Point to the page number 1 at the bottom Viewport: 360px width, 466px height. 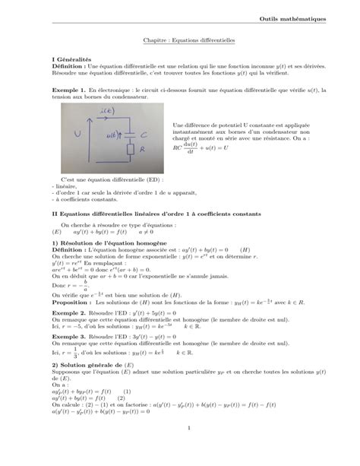tap(186, 449)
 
